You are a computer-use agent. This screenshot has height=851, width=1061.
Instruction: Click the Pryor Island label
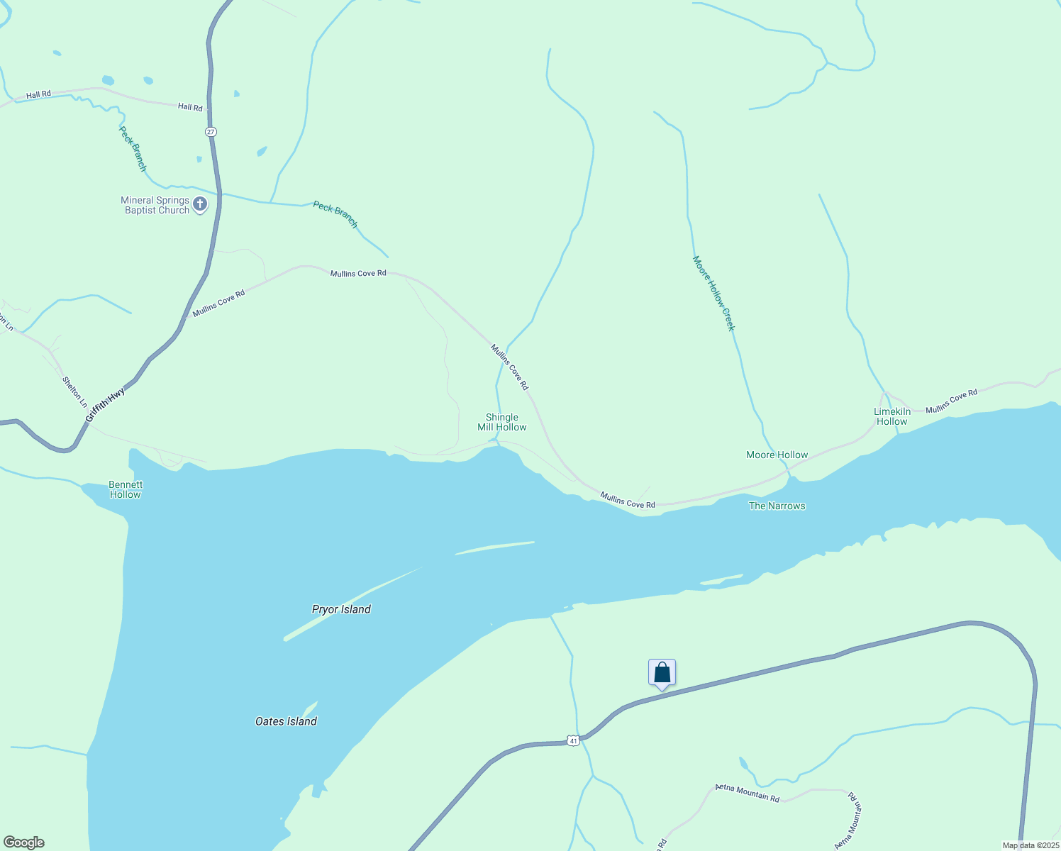[x=341, y=609]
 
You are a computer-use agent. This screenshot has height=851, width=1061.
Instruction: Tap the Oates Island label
[x=286, y=721]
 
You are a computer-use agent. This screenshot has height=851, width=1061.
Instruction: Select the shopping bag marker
[x=662, y=672]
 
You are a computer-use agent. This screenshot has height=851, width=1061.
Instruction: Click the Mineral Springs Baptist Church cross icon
[x=200, y=205]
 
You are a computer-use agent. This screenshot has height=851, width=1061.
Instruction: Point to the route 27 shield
[x=211, y=132]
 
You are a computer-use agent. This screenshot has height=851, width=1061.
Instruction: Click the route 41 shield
[x=573, y=740]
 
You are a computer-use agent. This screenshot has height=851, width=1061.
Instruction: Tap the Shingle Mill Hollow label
[x=502, y=423]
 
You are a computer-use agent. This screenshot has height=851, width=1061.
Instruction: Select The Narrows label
[x=777, y=506]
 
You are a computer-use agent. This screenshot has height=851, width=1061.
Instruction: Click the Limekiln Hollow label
[x=892, y=416]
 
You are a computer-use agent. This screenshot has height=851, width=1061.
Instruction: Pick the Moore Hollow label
[x=777, y=455]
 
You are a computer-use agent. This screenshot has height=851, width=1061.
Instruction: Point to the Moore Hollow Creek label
[x=713, y=293]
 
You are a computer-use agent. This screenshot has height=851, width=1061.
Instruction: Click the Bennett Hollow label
[x=126, y=489]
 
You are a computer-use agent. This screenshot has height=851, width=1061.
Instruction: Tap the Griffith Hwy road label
[x=105, y=406]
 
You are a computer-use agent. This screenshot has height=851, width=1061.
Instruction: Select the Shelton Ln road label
[x=74, y=392]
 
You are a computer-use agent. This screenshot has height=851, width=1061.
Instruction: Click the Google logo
[x=24, y=842]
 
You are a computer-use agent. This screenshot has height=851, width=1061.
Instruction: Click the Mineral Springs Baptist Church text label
[x=155, y=205]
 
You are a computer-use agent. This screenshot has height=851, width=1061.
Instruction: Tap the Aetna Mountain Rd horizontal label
[x=747, y=793]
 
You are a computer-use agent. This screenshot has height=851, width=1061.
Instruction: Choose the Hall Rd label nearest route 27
[x=190, y=107]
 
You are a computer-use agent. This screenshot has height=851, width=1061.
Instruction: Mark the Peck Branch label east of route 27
[x=335, y=215]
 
